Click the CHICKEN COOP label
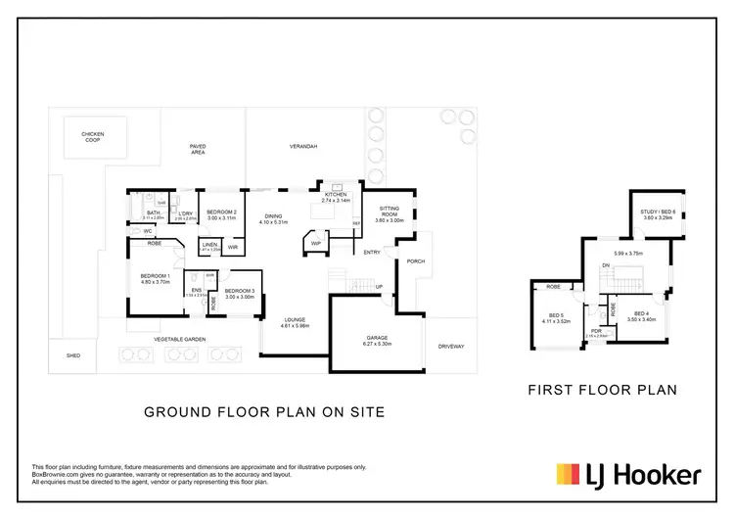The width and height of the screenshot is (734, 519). click(x=93, y=138)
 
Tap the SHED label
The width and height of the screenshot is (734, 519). click(x=72, y=355)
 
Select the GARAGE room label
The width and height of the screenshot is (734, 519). click(x=377, y=339)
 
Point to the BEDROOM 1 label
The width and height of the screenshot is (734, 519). click(x=155, y=276)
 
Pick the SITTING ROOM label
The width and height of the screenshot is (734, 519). click(x=390, y=211)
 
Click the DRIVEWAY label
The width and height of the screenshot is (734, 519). click(x=451, y=346)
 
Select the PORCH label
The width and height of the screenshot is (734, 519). click(x=415, y=260)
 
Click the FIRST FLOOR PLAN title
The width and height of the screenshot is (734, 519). click(x=602, y=390)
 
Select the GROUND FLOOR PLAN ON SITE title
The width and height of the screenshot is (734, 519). click(x=264, y=412)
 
